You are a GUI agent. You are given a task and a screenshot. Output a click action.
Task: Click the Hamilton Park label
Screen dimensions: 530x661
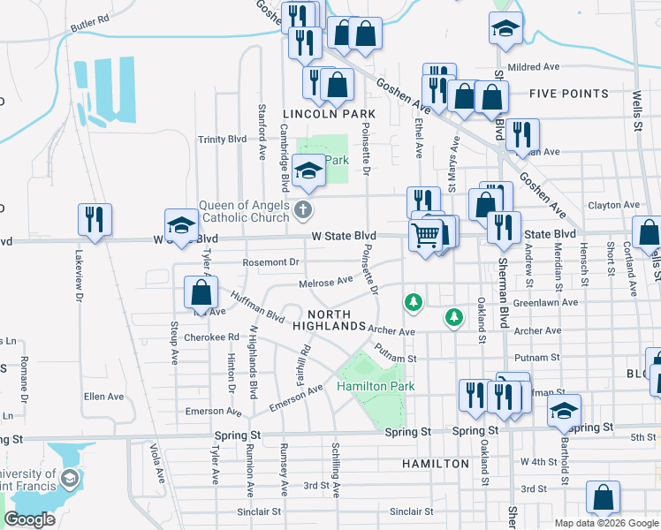coord(376,387)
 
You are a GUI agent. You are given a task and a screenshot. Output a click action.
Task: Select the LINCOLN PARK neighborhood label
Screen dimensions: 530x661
coord(329,114)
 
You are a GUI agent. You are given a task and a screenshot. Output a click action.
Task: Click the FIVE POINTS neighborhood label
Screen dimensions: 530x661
coord(569,94)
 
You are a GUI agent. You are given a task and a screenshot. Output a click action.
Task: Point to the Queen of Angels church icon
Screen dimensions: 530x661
coord(303,210)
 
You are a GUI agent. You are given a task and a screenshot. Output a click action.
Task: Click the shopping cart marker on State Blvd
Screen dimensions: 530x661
coord(426,237)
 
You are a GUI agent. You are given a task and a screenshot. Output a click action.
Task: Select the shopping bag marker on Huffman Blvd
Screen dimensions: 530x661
coord(201,293)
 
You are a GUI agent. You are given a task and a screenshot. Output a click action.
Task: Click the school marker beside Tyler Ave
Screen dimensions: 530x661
coord(181,225)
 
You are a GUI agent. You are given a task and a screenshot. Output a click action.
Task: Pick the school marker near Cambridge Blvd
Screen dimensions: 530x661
coord(309,170)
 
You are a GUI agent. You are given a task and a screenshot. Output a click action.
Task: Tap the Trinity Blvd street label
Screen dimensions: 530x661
coord(222,140)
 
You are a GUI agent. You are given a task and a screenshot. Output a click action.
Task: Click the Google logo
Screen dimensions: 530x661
coord(29,519)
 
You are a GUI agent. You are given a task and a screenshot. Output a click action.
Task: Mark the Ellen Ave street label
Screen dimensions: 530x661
coord(103,397)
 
